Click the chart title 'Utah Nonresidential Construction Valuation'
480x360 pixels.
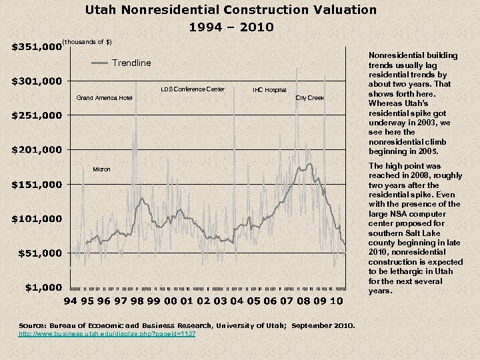[231, 10]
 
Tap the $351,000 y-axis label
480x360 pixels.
[37, 47]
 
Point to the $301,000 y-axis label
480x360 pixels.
[37, 81]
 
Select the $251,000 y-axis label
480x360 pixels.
[37, 116]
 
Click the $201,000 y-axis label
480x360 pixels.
[37, 149]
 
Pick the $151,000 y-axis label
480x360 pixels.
[37, 184]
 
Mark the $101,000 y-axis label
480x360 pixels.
[37, 219]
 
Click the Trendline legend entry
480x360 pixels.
[131, 63]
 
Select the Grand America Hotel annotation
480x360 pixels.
[104, 98]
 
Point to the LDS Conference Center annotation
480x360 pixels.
[193, 89]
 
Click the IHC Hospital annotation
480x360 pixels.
[269, 89]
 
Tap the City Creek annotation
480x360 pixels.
[309, 98]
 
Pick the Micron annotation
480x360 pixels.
[102, 169]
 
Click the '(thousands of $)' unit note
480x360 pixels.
[87, 42]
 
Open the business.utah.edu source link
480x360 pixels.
[107, 333]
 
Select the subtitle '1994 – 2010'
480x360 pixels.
[231, 27]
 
